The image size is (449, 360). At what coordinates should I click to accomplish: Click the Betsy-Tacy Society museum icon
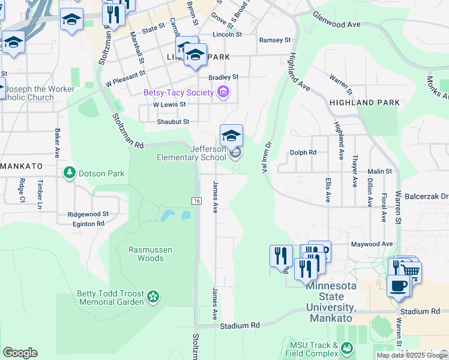(x=224, y=92)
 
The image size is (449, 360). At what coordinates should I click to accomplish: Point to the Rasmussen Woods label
(x=146, y=254)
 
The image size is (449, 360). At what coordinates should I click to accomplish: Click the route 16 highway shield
(x=196, y=200)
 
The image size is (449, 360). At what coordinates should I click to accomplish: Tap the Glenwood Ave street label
(x=336, y=25)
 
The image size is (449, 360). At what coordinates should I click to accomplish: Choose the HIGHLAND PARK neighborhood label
(x=364, y=103)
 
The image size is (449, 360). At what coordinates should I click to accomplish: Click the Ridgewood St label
(x=88, y=214)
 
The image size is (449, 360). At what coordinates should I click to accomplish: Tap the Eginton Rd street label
(x=83, y=224)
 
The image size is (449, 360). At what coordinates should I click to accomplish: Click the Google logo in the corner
(x=20, y=352)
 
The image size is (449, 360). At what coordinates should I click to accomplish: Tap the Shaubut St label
(x=173, y=121)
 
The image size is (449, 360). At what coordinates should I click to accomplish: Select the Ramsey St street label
(x=274, y=40)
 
